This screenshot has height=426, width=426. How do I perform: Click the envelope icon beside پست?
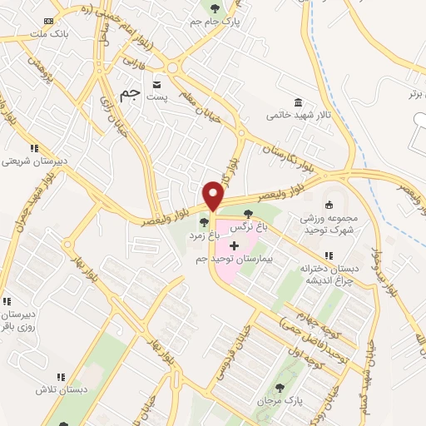tap(156, 84)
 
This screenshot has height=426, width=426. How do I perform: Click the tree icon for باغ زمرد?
tap(205, 221)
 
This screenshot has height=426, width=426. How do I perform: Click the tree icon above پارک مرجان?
tap(280, 387)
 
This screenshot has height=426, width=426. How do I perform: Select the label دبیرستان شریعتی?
tap(34, 161)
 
